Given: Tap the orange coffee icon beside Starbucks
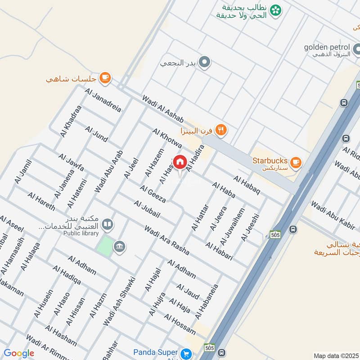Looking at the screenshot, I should pyautogui.click(x=295, y=162).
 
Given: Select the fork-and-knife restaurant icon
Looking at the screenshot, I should pyautogui.click(x=220, y=130).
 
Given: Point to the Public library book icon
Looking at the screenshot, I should pyautogui.click(x=107, y=224).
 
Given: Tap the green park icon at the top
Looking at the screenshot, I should pyautogui.click(x=276, y=9).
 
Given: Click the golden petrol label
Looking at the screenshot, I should pyautogui.click(x=327, y=47).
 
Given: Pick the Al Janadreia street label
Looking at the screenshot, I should pyautogui.click(x=103, y=100).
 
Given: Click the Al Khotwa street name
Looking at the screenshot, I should pyautogui.click(x=167, y=139).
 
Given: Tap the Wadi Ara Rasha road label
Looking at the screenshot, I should pyautogui.click(x=166, y=241).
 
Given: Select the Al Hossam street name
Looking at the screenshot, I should pyautogui.click(x=180, y=324).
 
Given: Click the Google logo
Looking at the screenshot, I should pyautogui.click(x=19, y=353).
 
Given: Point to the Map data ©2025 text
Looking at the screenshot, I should pyautogui.click(x=336, y=355).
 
